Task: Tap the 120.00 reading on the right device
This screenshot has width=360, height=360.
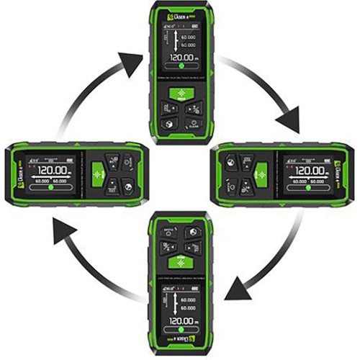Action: (x=305, y=172)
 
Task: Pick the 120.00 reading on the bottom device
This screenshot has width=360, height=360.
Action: (x=178, y=320)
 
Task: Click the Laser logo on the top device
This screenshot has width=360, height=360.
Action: (x=175, y=14)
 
